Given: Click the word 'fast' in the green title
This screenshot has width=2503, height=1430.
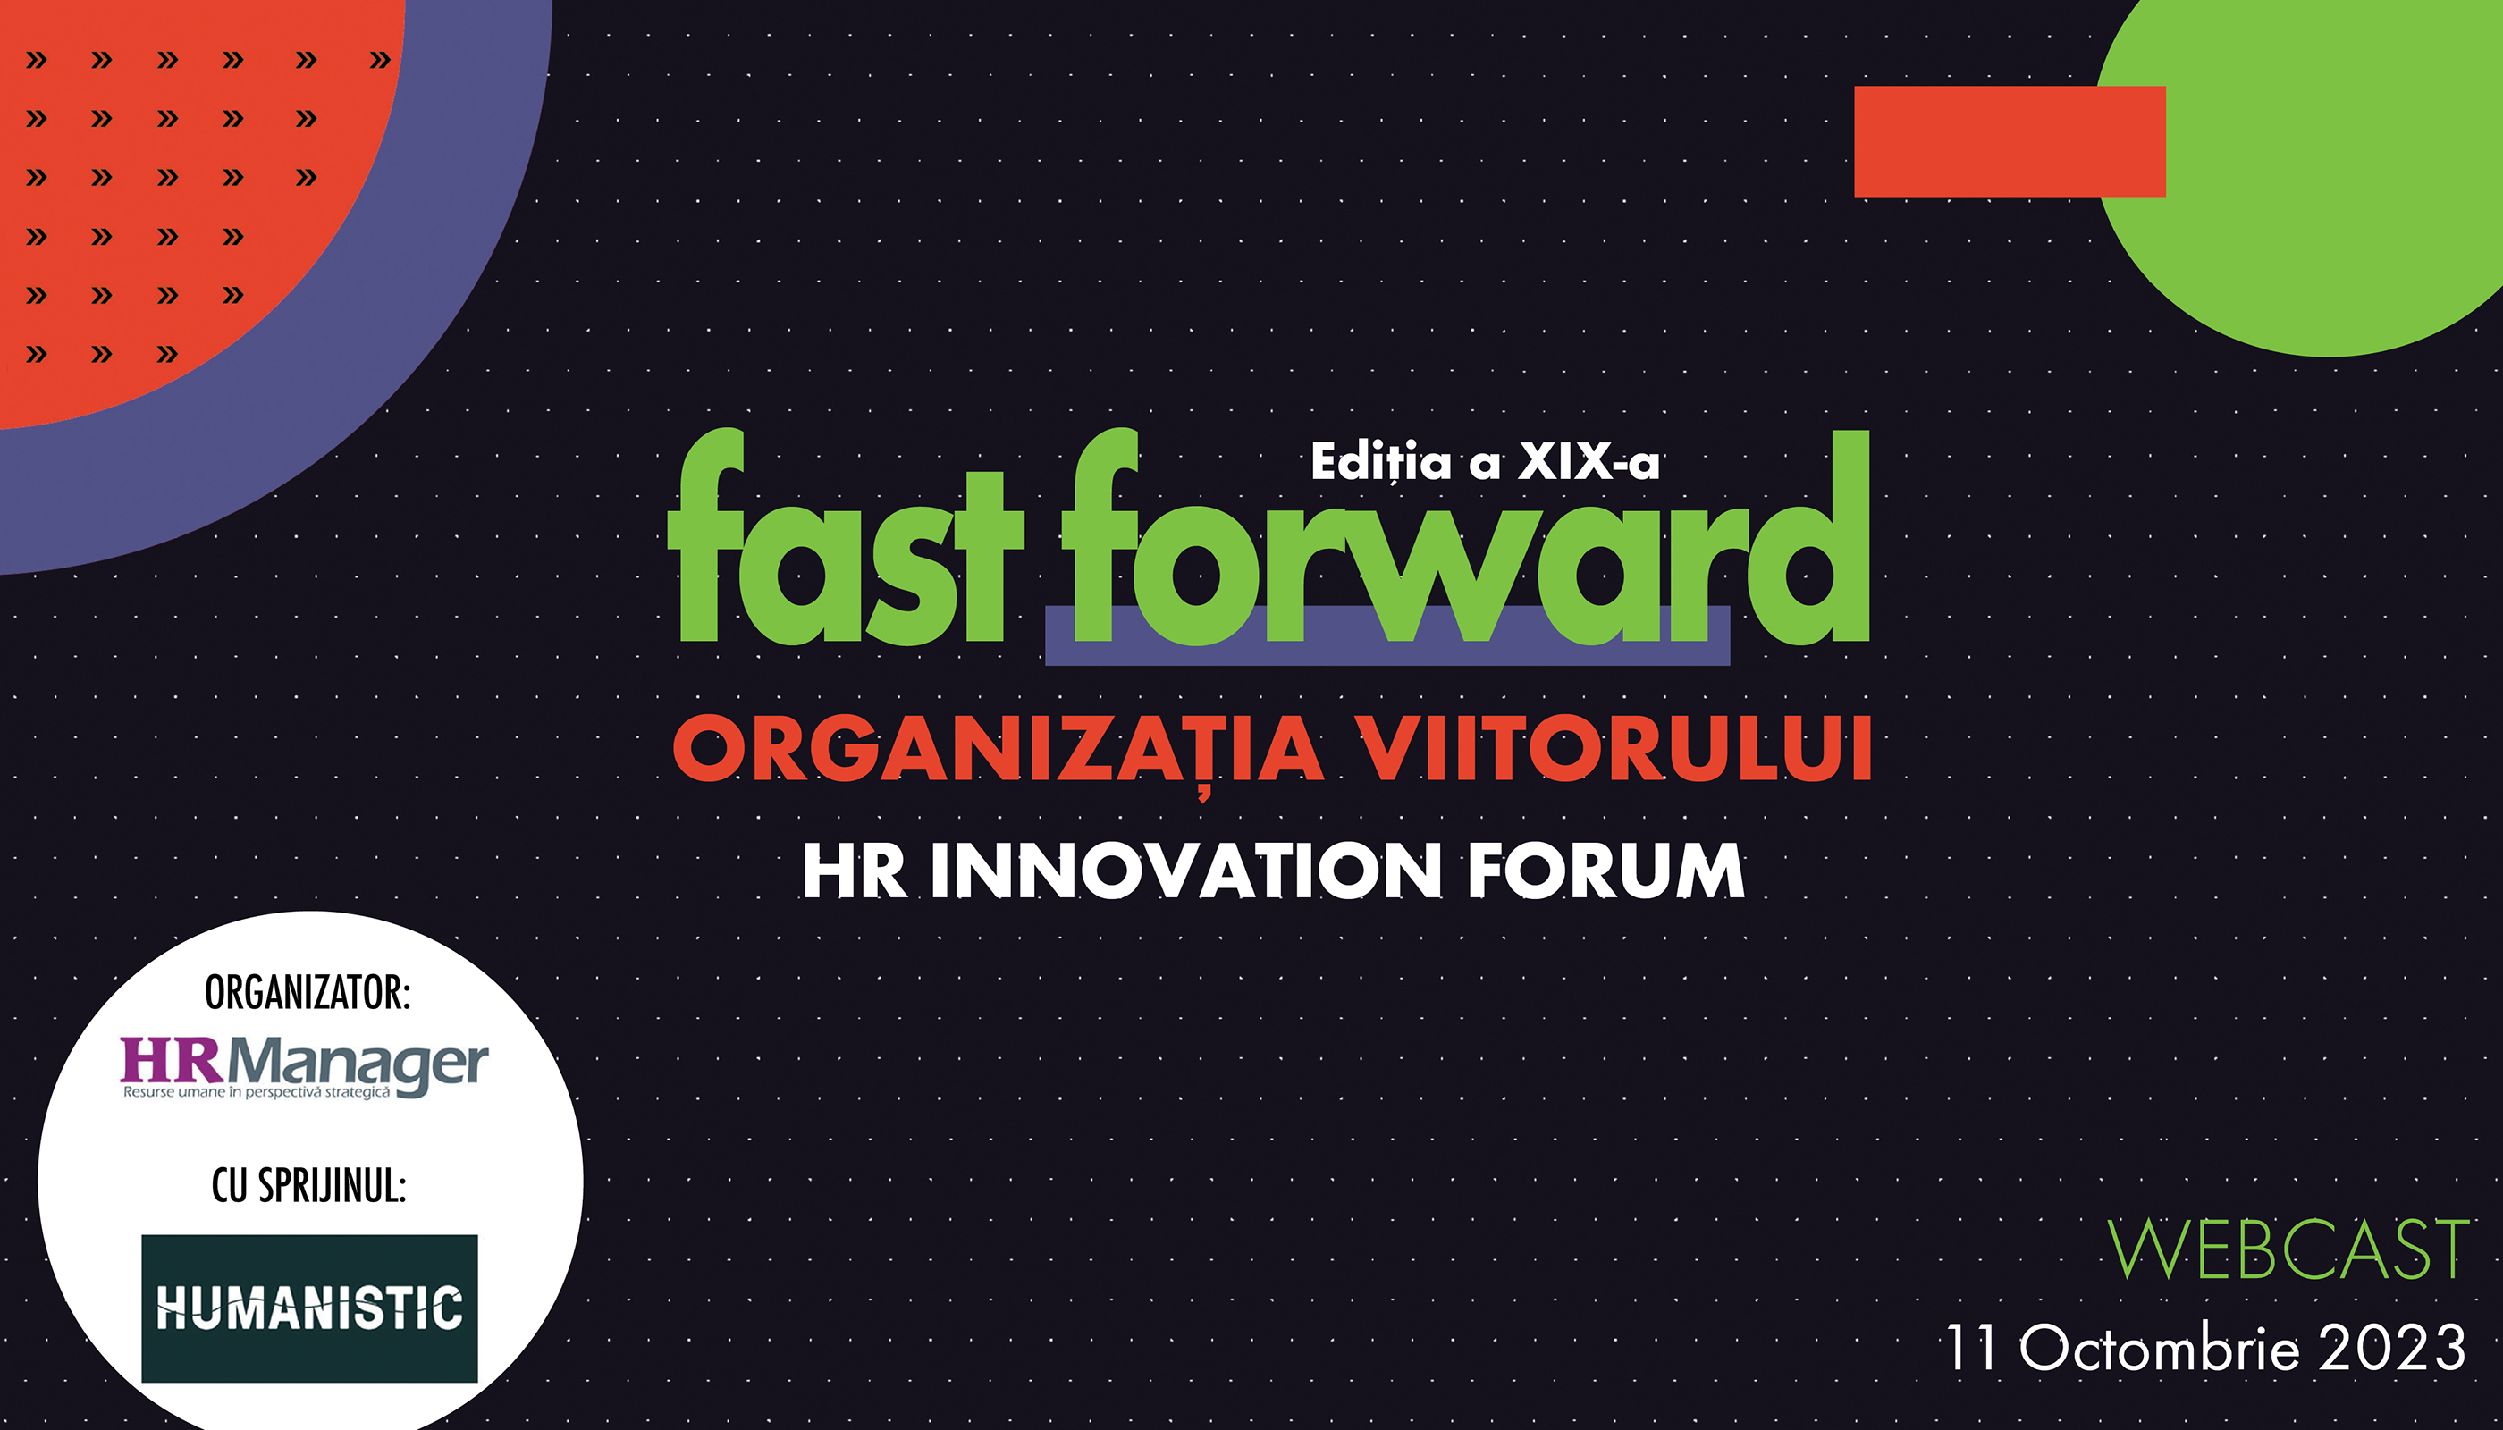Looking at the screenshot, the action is tap(846, 536).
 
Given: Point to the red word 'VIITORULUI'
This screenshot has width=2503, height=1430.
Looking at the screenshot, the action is tap(1615, 748).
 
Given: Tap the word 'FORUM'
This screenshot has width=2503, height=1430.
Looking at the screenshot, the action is tap(1606, 871).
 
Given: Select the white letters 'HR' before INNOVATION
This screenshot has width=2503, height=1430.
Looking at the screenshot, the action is tap(855, 871).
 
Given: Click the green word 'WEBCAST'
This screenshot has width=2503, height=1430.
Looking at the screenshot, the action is tap(2288, 1249).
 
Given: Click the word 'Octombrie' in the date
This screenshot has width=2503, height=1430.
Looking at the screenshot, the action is tap(2159, 1347).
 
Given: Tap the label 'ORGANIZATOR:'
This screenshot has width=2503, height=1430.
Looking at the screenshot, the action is tap(308, 993).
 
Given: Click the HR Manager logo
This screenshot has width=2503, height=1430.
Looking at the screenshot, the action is tap(305, 1066).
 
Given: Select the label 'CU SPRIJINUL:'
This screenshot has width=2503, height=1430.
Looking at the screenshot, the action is tap(308, 1185).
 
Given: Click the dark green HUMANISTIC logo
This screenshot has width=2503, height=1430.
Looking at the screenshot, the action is tap(309, 1308).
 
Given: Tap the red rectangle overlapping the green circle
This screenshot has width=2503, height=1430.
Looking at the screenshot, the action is tap(2010, 141).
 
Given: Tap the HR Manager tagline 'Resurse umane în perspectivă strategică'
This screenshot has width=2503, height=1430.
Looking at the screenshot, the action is tap(257, 1092).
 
